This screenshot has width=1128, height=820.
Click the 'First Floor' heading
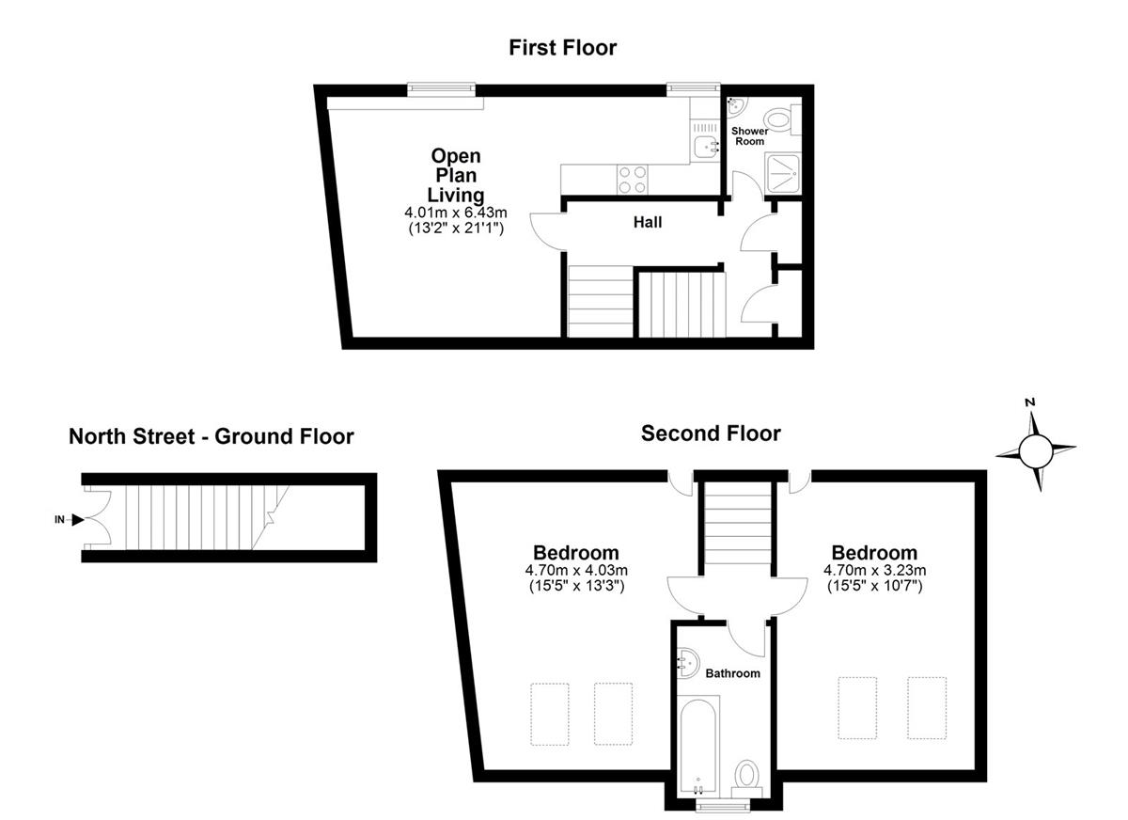(562, 48)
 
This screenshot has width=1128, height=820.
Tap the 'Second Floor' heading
(711, 434)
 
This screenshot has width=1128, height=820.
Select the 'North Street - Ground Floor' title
(211, 436)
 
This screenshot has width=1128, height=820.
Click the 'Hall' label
(648, 222)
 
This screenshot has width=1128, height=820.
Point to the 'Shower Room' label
(750, 136)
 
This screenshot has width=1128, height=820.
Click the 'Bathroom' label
(732, 673)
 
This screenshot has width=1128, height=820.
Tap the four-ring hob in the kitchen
(633, 180)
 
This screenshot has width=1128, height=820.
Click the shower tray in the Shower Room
(782, 174)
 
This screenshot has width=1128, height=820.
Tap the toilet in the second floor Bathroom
(746, 779)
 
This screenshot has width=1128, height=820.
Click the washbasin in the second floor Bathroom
(687, 663)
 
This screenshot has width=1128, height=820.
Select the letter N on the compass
(1030, 402)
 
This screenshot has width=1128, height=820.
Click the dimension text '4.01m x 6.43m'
(456, 212)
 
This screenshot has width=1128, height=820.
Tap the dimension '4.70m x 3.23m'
(875, 570)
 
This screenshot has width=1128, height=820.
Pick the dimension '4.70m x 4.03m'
(576, 570)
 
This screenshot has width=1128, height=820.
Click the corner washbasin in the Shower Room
(736, 105)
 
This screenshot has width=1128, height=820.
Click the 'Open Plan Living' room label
(456, 175)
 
